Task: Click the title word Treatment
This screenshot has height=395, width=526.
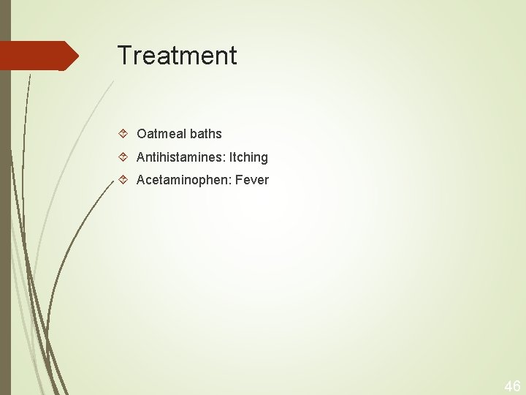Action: pos(177,56)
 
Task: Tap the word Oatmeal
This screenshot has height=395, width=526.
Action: pos(161,134)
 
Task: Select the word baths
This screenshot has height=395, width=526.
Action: pos(206,134)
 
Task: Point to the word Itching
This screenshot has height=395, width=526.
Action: pos(248,157)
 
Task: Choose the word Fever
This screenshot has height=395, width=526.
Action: pos(251,180)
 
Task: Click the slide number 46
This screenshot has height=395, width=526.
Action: pos(512,385)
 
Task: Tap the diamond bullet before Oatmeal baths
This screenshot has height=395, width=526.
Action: pos(123,134)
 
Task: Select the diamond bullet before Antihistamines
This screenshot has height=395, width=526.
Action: pos(123,157)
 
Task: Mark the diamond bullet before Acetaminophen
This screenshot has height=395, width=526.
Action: pos(123,180)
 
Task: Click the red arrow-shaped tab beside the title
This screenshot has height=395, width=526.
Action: pos(40,56)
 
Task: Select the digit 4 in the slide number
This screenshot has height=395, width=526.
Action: pos(508,385)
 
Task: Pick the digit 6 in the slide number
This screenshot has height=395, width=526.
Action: pos(517,385)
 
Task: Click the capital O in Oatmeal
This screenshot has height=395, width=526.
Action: pos(142,134)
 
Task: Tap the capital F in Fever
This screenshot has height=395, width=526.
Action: pos(237,180)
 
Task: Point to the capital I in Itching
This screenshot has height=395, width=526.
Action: pos(231,157)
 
